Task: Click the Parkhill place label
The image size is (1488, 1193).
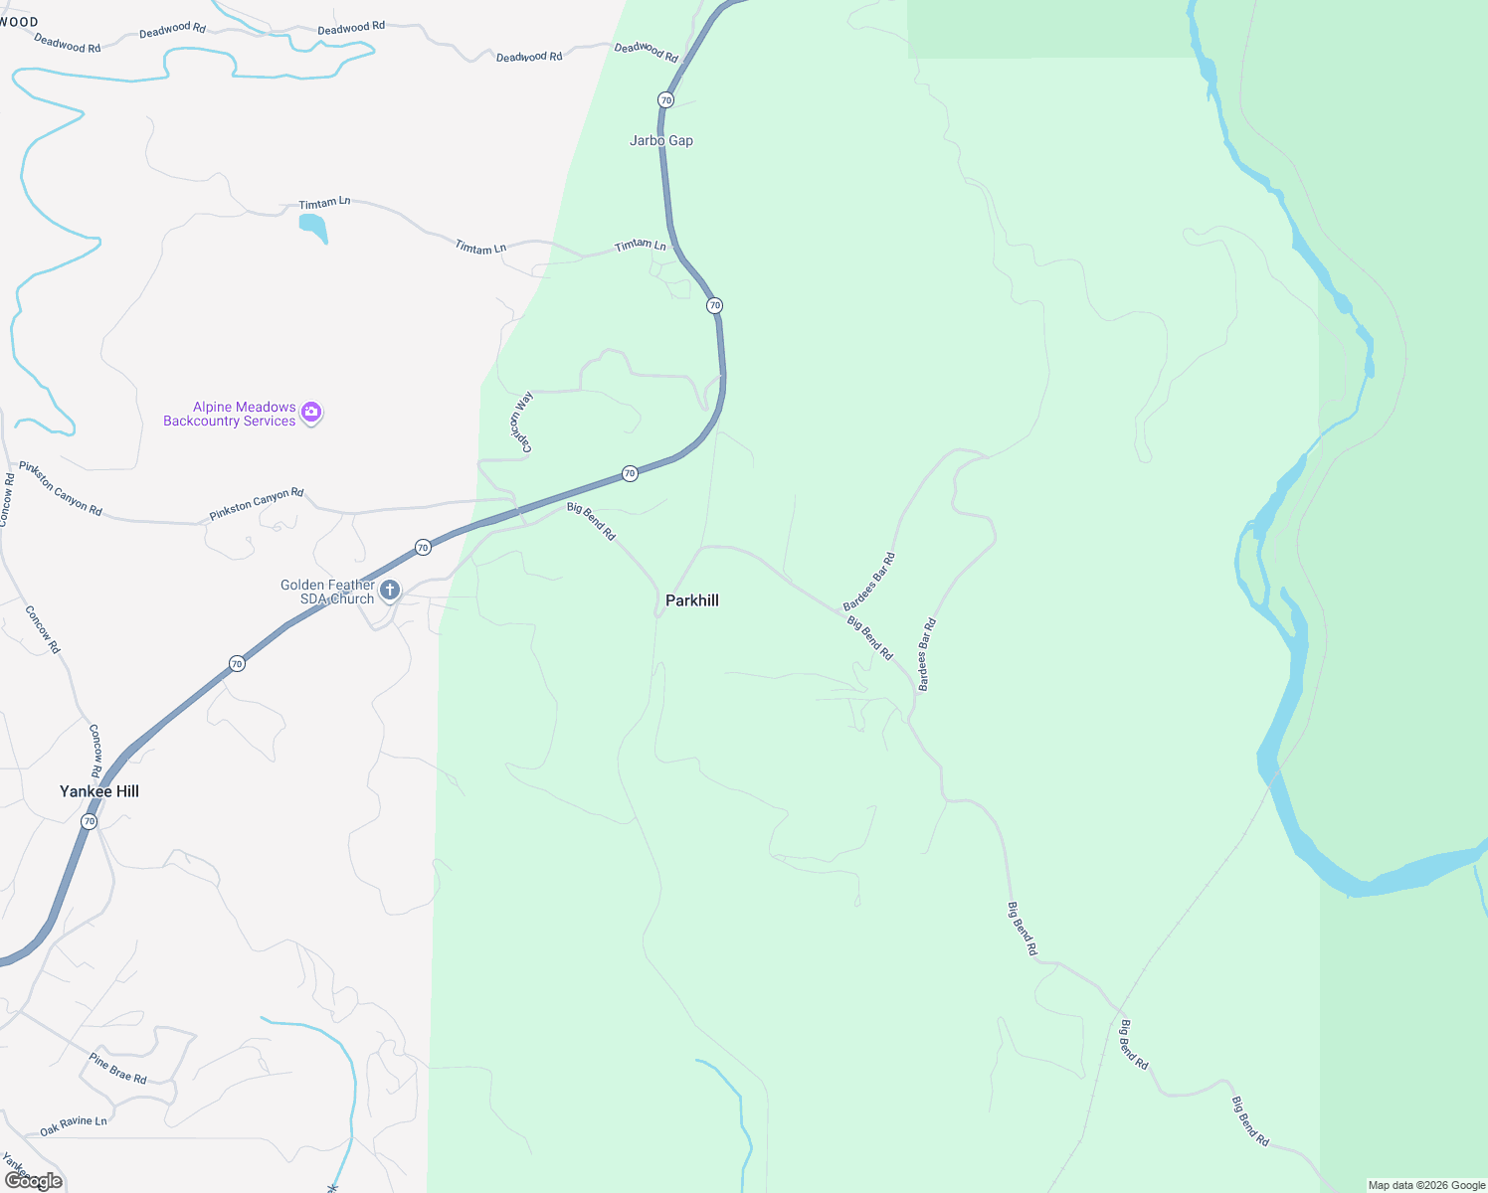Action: [x=691, y=600]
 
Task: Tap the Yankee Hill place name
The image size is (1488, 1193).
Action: [x=99, y=791]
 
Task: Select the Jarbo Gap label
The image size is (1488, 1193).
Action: [x=661, y=140]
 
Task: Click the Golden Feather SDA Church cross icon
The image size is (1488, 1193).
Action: [x=390, y=591]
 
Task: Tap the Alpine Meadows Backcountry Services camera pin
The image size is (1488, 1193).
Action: [x=311, y=413]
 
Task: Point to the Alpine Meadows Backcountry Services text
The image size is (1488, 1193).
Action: [x=230, y=414]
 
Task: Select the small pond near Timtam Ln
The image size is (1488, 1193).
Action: [x=313, y=228]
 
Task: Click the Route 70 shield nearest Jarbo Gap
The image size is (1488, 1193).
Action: [x=665, y=100]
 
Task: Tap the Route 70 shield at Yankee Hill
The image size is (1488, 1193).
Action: [x=90, y=822]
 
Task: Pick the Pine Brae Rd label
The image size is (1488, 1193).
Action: [x=117, y=1068]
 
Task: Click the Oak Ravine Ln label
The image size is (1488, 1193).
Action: [x=73, y=1126]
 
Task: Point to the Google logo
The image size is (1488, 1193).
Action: [x=34, y=1181]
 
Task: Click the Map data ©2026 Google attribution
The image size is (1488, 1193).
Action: [x=1426, y=1185]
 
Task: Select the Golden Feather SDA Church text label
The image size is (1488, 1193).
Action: [x=327, y=592]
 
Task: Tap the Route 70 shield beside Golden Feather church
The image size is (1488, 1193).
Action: [x=423, y=548]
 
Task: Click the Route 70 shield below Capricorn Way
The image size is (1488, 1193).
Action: [x=630, y=473]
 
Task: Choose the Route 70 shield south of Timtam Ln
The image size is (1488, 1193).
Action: [x=714, y=305]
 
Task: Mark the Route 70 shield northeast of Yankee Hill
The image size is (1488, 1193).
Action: [x=237, y=663]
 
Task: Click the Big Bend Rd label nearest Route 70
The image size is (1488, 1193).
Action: [x=591, y=522]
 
